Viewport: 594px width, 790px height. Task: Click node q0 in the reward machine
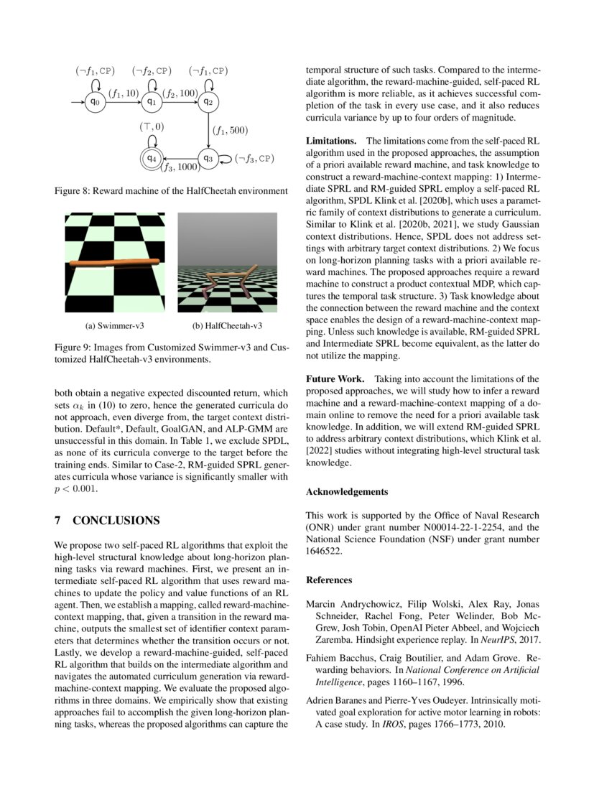94,102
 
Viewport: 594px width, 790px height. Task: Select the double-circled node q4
151,157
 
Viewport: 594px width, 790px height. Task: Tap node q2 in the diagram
208,102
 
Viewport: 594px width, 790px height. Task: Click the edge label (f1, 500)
229,131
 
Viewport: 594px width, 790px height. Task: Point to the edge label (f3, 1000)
179,168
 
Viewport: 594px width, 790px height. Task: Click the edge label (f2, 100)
180,93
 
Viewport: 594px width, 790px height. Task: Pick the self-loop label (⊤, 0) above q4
152,127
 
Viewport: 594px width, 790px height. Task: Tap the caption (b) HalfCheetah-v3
228,325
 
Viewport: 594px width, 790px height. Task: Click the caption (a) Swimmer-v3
115,325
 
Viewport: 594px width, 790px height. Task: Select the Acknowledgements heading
347,492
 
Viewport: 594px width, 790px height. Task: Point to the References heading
329,580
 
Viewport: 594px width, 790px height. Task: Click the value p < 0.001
75,488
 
